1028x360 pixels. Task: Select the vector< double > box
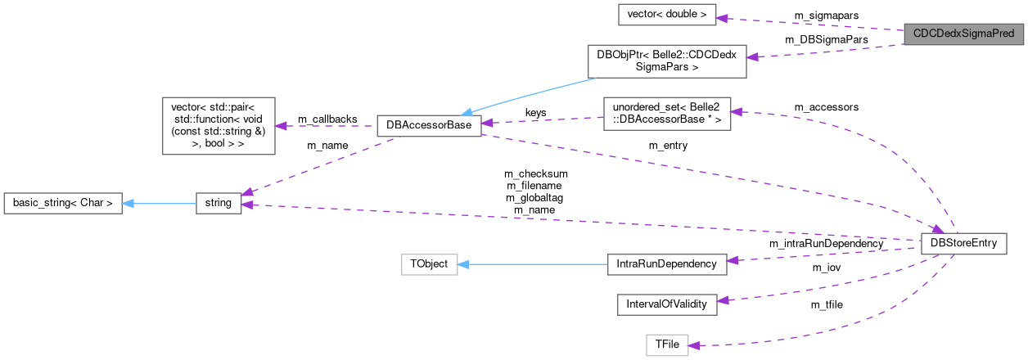(x=667, y=14)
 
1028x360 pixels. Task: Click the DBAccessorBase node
(x=428, y=126)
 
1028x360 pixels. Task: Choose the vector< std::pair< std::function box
(x=219, y=126)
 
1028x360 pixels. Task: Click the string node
(x=219, y=203)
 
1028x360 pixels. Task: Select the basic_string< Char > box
(x=63, y=203)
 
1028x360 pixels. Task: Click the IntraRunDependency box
(x=666, y=263)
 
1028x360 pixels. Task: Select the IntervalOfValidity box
(x=666, y=304)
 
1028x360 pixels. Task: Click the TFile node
(x=666, y=344)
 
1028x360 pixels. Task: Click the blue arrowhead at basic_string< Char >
(x=128, y=203)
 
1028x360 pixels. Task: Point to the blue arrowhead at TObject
(x=464, y=264)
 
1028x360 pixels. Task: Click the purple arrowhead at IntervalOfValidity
(x=724, y=302)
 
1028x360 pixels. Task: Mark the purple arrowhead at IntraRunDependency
(x=733, y=261)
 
